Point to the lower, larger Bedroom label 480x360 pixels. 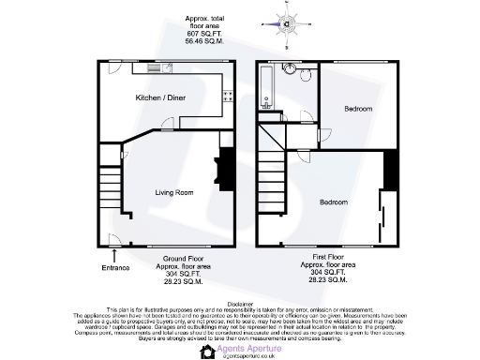click(334, 202)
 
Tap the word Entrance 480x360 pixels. click(115, 267)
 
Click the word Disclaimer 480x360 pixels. click(240, 303)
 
